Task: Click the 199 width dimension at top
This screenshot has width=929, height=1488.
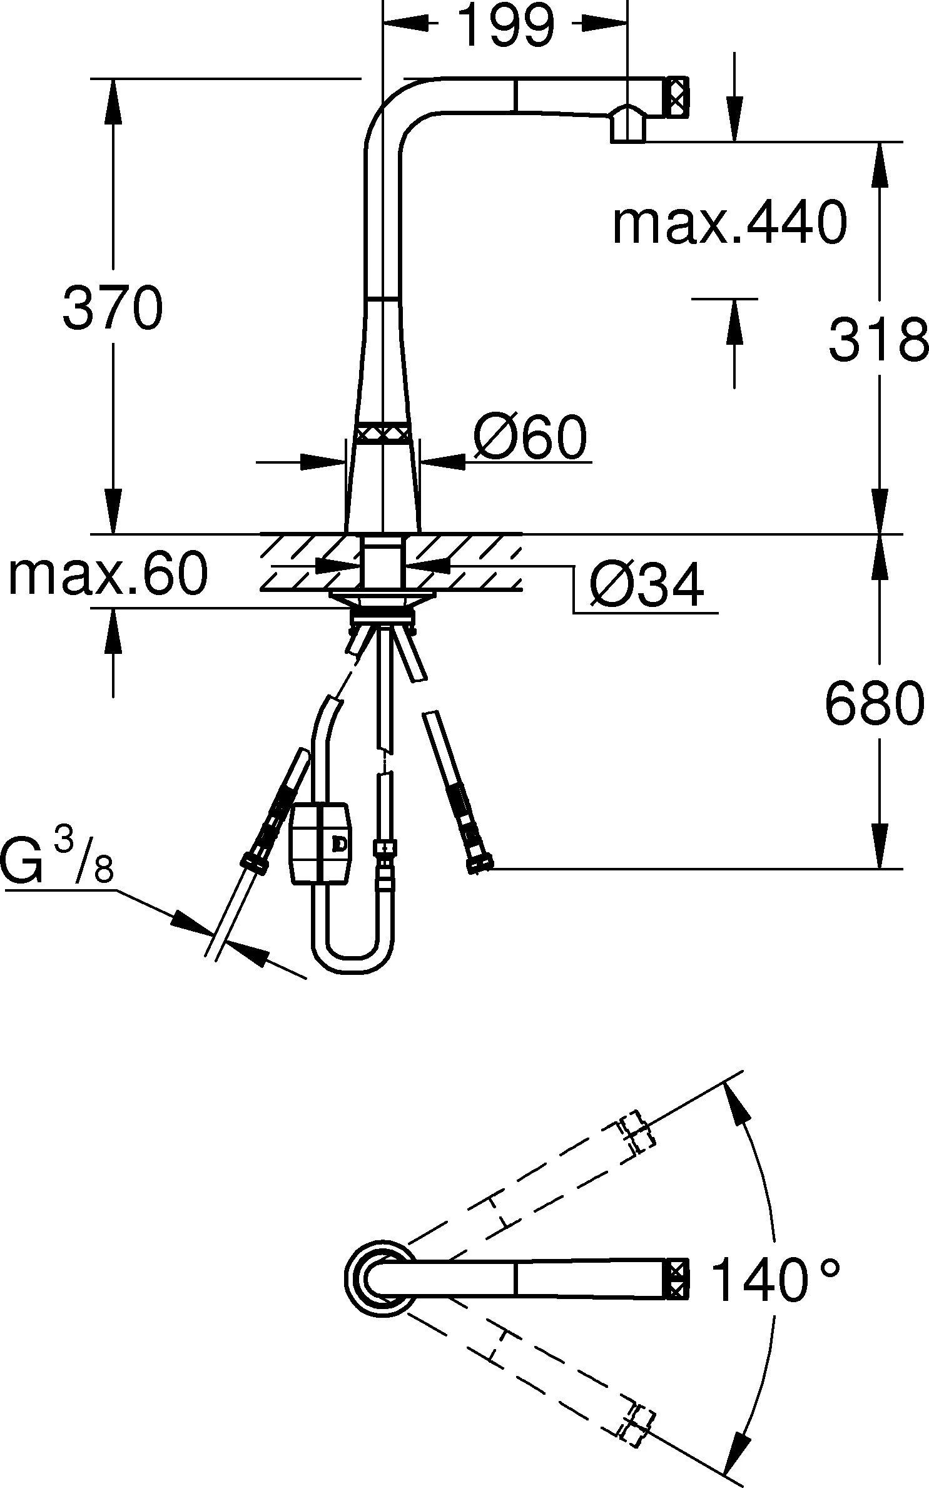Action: tap(507, 25)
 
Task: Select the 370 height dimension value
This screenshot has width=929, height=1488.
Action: tap(113, 308)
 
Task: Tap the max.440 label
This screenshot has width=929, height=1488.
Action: tap(729, 223)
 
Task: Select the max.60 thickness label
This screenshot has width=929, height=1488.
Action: tap(108, 574)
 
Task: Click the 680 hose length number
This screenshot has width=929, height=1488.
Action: tap(875, 702)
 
